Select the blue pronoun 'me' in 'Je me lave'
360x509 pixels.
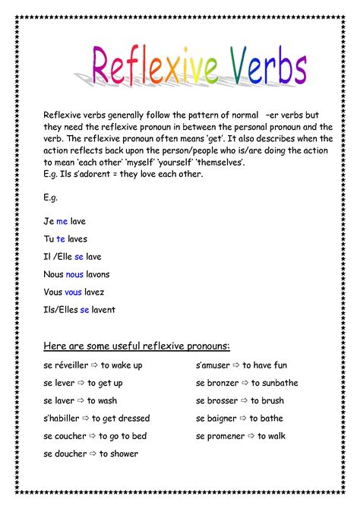click(62, 221)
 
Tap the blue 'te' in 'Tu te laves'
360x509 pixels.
click(60, 239)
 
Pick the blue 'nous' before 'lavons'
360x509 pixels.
click(74, 274)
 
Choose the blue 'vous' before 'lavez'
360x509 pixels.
click(73, 292)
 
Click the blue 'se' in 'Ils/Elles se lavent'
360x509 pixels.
click(84, 309)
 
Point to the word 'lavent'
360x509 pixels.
click(104, 309)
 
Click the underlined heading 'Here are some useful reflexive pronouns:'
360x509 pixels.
click(137, 346)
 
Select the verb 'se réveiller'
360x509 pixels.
click(66, 365)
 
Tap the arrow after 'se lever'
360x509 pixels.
click(81, 383)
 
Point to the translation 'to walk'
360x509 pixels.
click(271, 436)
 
